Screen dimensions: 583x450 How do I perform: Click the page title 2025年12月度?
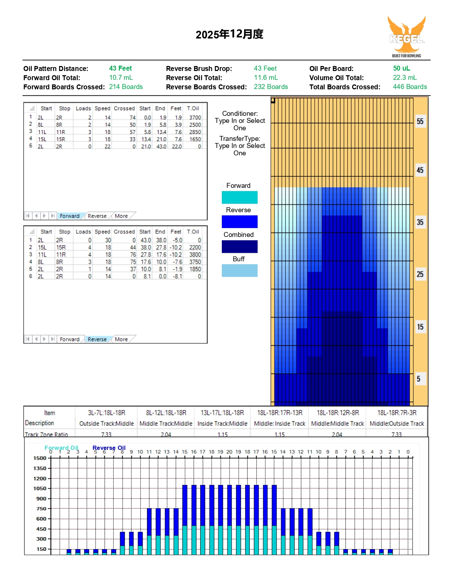click(x=229, y=34)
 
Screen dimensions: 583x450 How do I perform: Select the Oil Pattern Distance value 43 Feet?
click(x=120, y=69)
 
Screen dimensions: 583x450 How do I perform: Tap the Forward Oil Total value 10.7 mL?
click(x=121, y=78)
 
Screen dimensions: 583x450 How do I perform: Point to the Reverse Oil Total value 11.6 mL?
click(x=266, y=78)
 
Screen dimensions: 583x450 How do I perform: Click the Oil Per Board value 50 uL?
click(x=401, y=69)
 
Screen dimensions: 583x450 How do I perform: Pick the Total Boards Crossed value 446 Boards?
click(x=410, y=87)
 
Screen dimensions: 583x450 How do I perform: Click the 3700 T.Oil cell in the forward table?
click(x=195, y=118)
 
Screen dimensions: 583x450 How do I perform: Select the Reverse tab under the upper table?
click(x=97, y=216)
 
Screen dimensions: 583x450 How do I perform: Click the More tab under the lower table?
click(x=121, y=339)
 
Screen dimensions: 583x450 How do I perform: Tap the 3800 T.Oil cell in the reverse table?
click(x=195, y=255)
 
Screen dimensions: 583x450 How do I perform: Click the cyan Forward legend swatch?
click(x=239, y=197)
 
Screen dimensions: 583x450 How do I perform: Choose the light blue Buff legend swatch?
click(x=239, y=270)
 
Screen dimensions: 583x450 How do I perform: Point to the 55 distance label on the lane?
click(x=420, y=121)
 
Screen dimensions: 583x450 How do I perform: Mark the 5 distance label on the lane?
click(x=418, y=379)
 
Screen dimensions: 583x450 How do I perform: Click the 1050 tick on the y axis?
click(x=40, y=488)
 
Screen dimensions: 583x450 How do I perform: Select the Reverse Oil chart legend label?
click(x=109, y=448)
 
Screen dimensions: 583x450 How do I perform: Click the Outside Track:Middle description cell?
click(x=106, y=423)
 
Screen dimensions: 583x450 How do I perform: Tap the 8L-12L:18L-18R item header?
click(x=166, y=413)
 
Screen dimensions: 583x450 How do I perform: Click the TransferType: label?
click(x=239, y=138)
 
